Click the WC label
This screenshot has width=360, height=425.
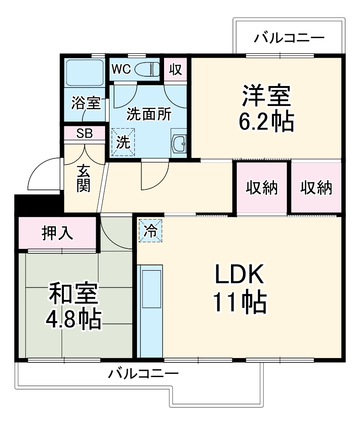coord(121,69)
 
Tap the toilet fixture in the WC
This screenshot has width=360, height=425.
coord(147,70)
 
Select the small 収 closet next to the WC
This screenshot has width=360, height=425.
coord(176,70)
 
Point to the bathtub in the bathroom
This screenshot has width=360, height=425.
coord(84,72)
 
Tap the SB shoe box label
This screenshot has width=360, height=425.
coord(84,134)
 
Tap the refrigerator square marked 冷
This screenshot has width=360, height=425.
coord(151,231)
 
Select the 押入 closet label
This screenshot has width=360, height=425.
coord(57,233)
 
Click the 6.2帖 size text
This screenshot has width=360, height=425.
coord(266,121)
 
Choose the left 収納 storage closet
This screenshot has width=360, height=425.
coord(262,188)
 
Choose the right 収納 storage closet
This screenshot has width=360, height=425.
coord(316,188)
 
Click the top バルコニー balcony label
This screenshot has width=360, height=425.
coord(289,38)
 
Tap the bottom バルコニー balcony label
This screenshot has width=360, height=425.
coord(144,373)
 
